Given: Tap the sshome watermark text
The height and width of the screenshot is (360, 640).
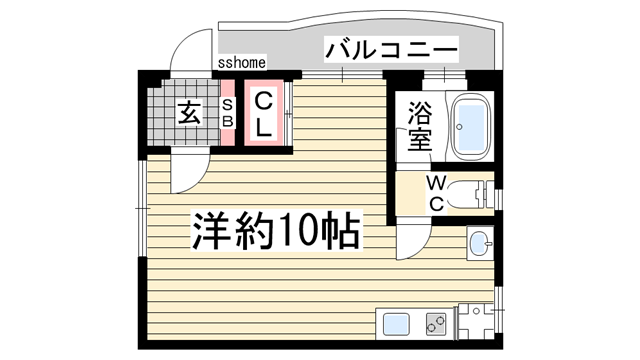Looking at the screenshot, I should point(240,64).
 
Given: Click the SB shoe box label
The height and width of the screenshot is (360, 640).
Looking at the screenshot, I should point(227,113).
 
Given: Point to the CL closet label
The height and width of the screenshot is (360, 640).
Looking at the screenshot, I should point(262,114).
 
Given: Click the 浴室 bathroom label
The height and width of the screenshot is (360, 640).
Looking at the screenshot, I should point(420,126).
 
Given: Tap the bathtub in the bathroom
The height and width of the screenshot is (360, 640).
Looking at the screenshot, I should point(468,127).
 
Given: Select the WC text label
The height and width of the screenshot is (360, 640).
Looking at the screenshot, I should point(437,192).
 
